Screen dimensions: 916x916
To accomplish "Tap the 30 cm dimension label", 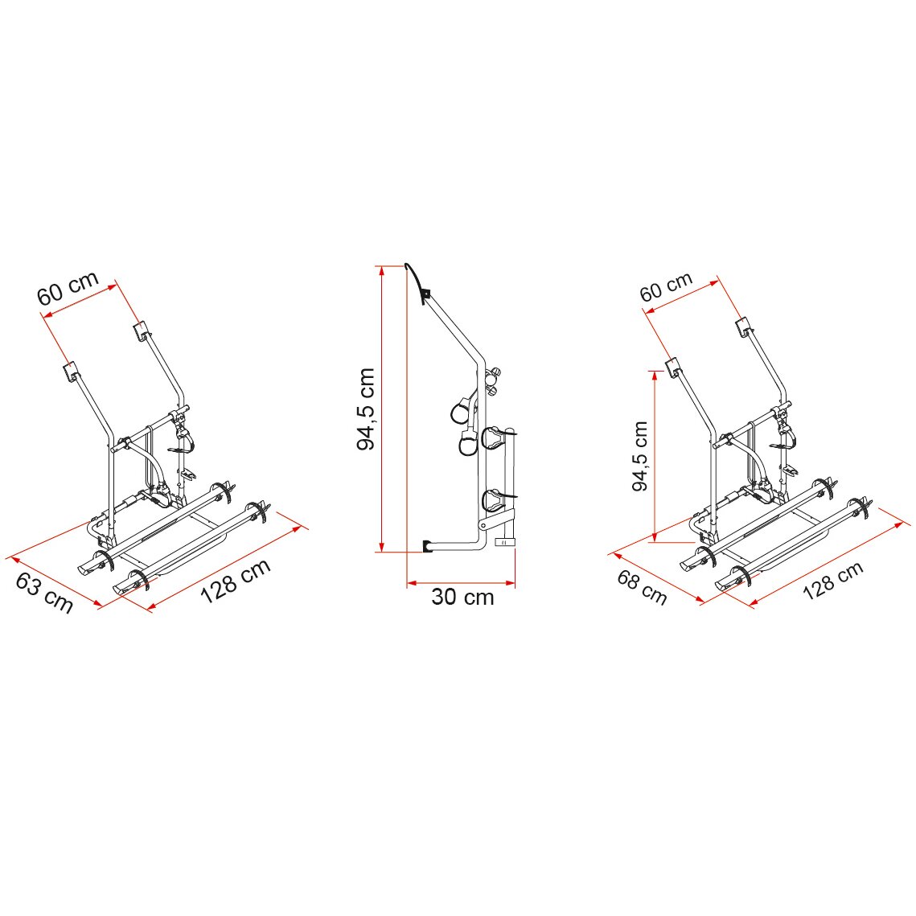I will click(x=462, y=598).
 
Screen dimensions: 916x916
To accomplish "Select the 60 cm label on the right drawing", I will click(x=666, y=287).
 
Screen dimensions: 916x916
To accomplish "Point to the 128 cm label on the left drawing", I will click(x=235, y=581).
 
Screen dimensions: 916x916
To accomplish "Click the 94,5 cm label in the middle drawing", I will click(x=366, y=409).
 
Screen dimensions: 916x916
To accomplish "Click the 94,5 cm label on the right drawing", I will click(x=641, y=457).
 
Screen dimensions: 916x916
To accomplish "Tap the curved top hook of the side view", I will click(x=418, y=278).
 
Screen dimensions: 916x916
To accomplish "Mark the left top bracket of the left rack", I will click(x=71, y=372).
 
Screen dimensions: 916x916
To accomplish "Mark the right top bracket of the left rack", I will click(x=142, y=329).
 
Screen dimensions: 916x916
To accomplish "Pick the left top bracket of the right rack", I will click(x=674, y=366).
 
